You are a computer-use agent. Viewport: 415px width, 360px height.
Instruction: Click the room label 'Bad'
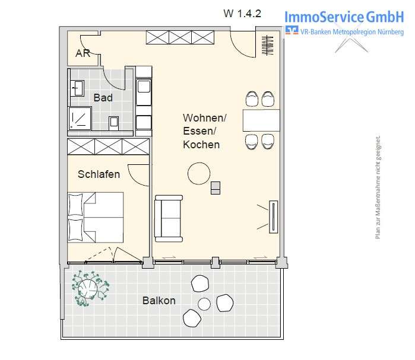pos(103,97)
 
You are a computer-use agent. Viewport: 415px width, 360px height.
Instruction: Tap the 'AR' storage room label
pos(83,53)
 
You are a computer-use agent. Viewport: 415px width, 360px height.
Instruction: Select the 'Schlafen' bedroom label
pos(99,174)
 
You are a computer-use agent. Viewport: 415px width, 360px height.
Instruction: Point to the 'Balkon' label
pos(159,301)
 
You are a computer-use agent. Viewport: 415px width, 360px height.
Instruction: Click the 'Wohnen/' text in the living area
pos(204,118)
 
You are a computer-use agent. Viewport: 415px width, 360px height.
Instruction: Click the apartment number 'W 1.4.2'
pos(242,14)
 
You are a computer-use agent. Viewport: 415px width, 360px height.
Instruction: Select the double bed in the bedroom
pos(95,216)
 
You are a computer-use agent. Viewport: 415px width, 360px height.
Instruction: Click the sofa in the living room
pos(169,218)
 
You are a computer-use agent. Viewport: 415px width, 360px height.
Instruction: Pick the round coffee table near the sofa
pos(198,174)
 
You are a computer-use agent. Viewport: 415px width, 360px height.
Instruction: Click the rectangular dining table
pos(261,120)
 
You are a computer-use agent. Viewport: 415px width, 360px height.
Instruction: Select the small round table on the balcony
pos(204,305)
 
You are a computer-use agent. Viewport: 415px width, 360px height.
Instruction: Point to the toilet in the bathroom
pos(115,122)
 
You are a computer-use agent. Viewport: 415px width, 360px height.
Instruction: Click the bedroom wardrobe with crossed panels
pos(107,146)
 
